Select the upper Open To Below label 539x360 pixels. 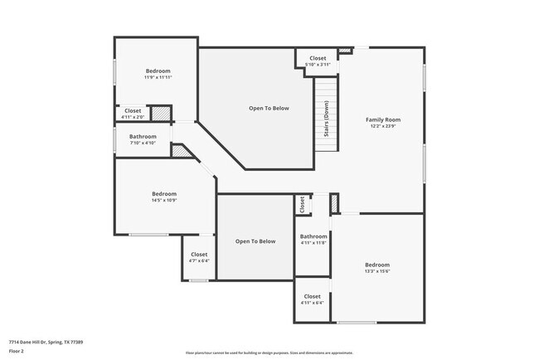(269, 108)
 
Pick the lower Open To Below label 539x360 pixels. (255, 241)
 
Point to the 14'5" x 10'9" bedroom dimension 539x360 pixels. (164, 200)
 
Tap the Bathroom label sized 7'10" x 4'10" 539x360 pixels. (143, 136)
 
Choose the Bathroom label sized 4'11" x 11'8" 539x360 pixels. (313, 236)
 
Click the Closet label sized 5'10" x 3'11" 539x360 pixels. (318, 58)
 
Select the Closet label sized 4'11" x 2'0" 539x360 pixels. (133, 110)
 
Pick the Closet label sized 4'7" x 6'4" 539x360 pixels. (199, 255)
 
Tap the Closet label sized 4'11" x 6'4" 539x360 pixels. (312, 296)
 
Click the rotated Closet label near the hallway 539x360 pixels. (301, 204)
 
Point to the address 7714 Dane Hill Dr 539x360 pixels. (46, 341)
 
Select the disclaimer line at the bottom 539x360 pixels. (269, 352)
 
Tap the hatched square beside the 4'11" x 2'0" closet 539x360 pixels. (161, 114)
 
